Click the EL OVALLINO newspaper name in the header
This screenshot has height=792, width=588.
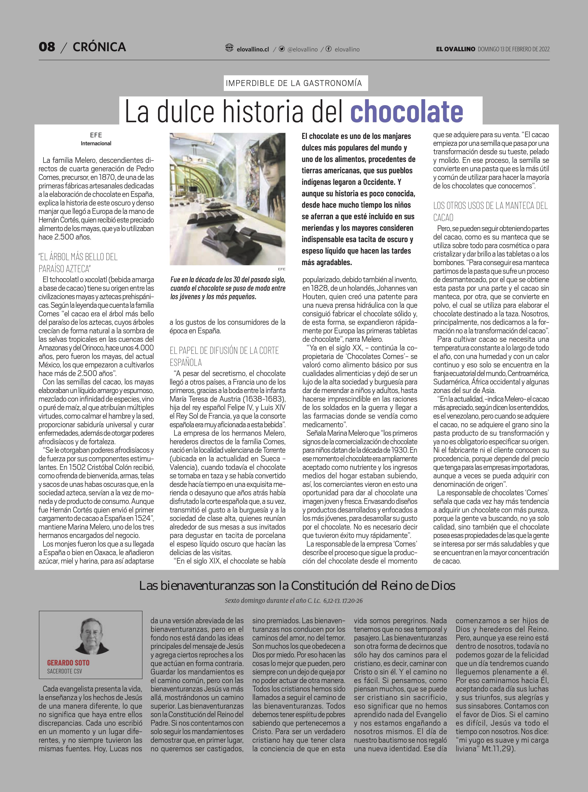coord(455,49)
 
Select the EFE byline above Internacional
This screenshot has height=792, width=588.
coord(96,135)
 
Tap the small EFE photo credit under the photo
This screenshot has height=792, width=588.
coord(281,269)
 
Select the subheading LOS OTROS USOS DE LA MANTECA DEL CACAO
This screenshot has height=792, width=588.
coord(490,211)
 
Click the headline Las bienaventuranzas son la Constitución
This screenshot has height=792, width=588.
coord(297,586)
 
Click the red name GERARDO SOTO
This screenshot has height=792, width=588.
coord(68,663)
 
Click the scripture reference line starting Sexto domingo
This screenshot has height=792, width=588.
coord(294,601)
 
